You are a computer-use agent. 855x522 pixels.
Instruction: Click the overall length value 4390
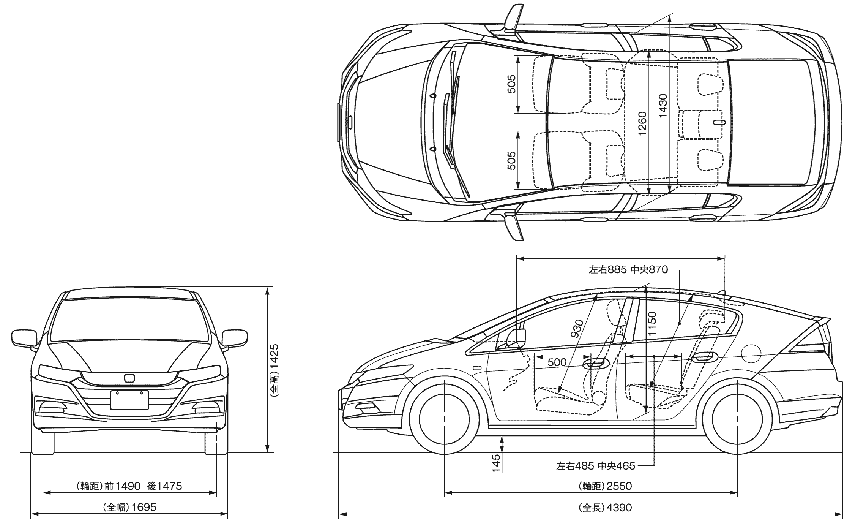pyautogui.click(x=619, y=508)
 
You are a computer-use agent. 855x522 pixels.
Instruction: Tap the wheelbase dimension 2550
pyautogui.click(x=619, y=486)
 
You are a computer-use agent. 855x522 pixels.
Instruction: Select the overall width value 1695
pyautogui.click(x=144, y=507)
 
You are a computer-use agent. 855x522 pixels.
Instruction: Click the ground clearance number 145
pyautogui.click(x=496, y=463)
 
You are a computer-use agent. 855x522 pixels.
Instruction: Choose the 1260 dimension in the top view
pyautogui.click(x=642, y=123)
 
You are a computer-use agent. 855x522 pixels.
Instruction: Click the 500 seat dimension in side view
pyautogui.click(x=557, y=362)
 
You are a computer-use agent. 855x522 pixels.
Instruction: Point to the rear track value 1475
pyautogui.click(x=169, y=486)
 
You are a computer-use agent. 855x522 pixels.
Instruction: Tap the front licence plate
pyautogui.click(x=129, y=400)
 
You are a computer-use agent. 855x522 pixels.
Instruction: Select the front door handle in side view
pyautogui.click(x=595, y=364)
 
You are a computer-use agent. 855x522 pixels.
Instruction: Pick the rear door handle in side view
pyautogui.click(x=704, y=357)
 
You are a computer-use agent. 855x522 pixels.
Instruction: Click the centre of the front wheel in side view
pyautogui.click(x=444, y=419)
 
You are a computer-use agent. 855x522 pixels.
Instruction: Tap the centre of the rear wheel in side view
pyautogui.click(x=737, y=419)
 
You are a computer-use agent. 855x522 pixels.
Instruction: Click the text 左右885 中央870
pyautogui.click(x=628, y=270)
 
